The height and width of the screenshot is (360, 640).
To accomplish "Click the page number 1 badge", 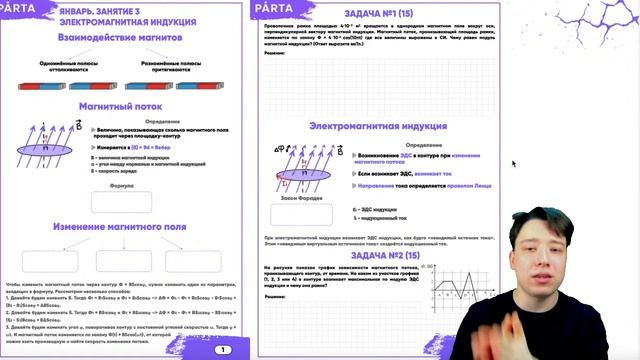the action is (222, 349).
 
